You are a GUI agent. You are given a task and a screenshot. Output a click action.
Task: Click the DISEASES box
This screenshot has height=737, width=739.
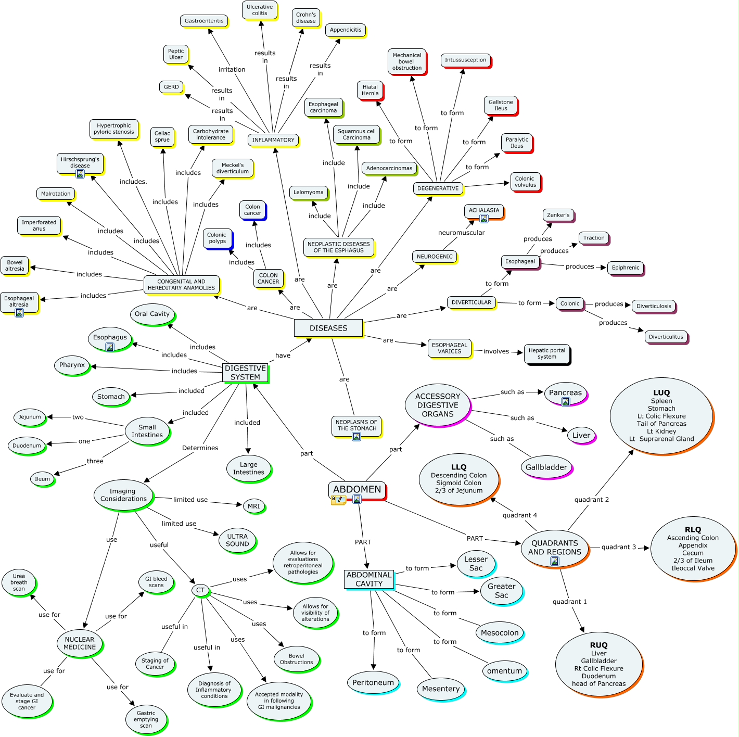coord(328,328)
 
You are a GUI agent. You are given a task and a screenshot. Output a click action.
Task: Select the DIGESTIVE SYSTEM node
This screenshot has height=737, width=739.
coord(246,373)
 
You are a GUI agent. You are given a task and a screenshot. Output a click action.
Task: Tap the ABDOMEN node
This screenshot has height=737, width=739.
coord(357,490)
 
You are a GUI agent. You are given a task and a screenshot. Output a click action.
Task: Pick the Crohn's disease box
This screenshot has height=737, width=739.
coord(305,18)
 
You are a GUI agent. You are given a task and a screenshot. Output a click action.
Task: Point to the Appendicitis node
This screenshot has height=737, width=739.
coord(346,30)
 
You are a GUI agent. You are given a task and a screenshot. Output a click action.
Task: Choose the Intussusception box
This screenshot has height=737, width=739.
coord(466,60)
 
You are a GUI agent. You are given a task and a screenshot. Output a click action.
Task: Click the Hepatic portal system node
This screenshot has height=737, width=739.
coord(547,353)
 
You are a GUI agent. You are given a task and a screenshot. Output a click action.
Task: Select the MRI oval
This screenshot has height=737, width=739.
coord(253,506)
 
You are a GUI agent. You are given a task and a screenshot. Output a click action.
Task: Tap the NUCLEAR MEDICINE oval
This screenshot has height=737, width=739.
coord(80,643)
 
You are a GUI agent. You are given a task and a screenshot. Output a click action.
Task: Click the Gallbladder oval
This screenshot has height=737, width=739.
coord(546,467)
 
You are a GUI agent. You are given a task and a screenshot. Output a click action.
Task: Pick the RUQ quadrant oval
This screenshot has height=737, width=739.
coord(598,665)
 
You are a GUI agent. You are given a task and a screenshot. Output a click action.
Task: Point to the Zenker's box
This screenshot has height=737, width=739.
coord(558,215)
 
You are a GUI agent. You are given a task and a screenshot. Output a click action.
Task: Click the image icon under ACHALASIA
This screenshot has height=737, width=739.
coord(484,219)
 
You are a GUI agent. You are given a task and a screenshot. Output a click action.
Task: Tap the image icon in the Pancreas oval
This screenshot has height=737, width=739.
coord(566,402)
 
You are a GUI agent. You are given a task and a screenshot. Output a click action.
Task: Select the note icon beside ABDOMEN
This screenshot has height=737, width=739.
coord(338,500)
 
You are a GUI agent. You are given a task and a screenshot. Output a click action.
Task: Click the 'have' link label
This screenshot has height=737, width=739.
coord(283,355)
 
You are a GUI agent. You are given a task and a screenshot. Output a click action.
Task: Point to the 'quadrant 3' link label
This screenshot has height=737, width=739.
coord(619,547)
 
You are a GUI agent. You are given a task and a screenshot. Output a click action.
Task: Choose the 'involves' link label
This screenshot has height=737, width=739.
coord(496,351)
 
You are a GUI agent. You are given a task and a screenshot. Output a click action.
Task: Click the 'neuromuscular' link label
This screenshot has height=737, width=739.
coord(461,233)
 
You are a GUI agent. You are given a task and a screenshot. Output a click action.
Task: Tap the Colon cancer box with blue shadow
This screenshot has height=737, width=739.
coord(253,210)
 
